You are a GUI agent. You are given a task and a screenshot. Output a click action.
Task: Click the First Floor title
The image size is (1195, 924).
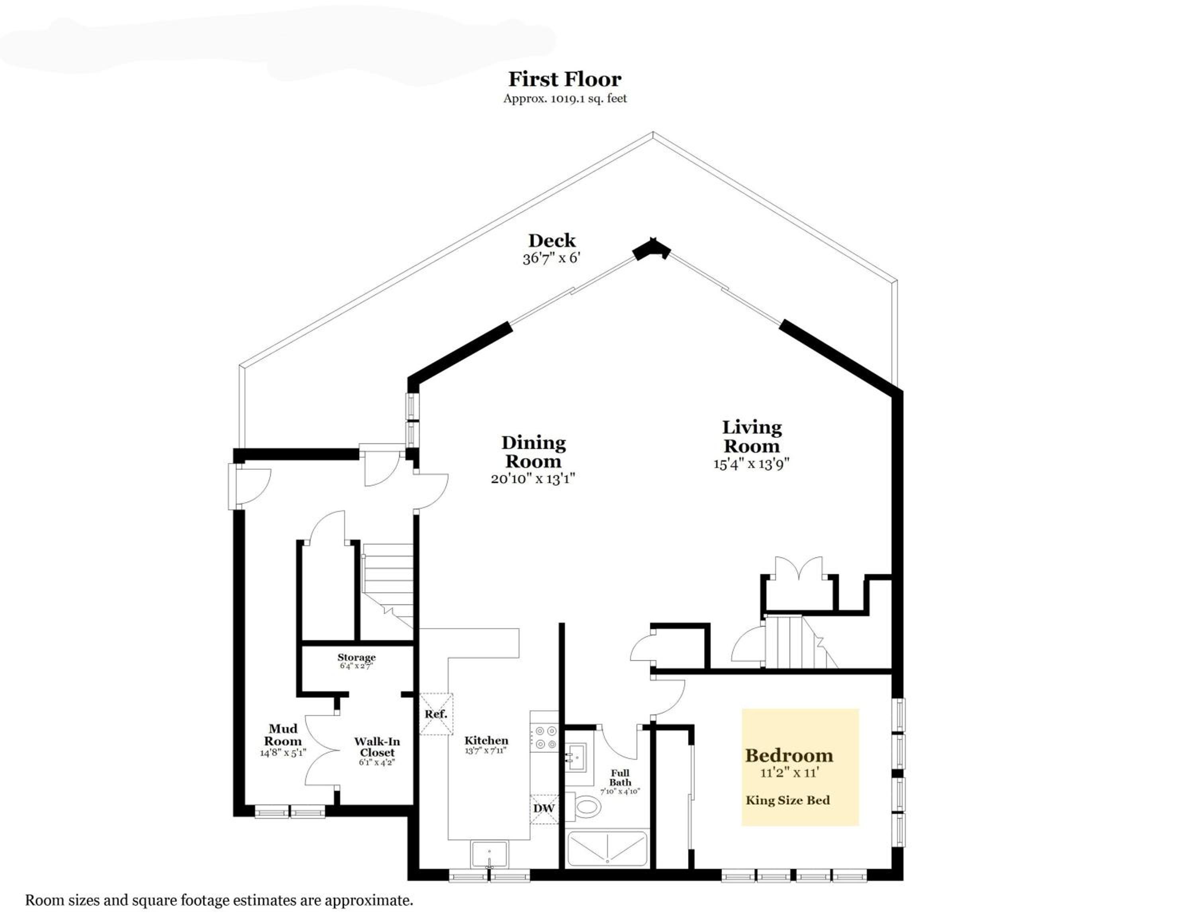(565, 79)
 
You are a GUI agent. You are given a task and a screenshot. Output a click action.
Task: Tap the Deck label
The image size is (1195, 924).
(552, 240)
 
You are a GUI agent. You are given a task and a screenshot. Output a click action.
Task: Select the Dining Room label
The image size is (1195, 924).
(533, 452)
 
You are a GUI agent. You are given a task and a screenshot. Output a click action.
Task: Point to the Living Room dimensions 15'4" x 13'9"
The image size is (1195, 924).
(751, 464)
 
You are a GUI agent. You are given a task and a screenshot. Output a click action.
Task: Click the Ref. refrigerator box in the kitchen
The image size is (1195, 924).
(436, 714)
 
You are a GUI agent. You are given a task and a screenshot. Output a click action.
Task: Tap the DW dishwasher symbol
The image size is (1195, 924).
(544, 808)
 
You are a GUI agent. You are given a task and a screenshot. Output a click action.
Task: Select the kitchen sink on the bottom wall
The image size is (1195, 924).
(490, 855)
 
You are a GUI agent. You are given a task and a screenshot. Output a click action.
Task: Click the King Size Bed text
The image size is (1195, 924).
(788, 800)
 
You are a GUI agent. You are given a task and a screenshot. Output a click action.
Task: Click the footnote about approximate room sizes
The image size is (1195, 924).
(219, 900)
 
